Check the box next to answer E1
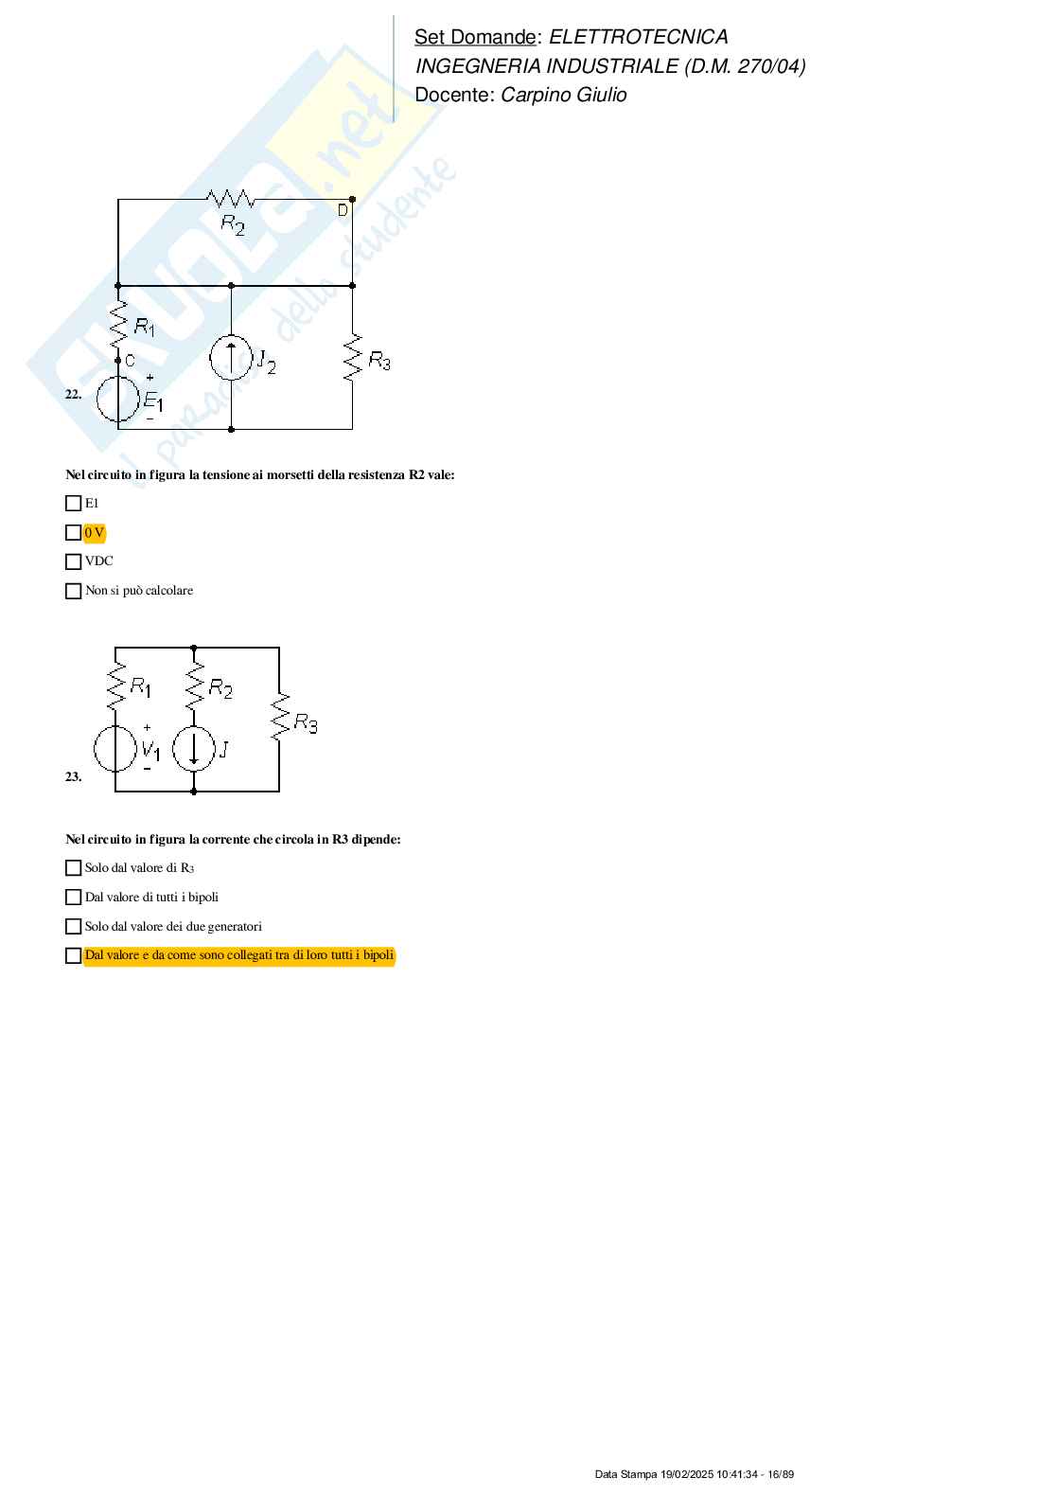coord(73,504)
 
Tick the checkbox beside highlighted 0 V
coord(73,533)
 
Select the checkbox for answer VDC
coord(73,561)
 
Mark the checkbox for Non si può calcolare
coord(73,591)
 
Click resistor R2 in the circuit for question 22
coord(231,200)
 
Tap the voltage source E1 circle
coord(118,399)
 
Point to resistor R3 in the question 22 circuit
coord(352,358)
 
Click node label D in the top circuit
coord(343,211)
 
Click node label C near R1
coord(130,361)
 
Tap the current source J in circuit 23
coord(194,748)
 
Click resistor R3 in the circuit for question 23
coord(279,717)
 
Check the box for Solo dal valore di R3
coord(73,868)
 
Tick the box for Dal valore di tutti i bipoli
coord(73,898)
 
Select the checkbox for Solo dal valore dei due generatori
coord(73,927)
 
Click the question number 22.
coord(73,395)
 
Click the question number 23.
coord(73,777)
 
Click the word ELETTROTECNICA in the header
coord(638,37)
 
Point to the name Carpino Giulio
coord(563,95)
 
